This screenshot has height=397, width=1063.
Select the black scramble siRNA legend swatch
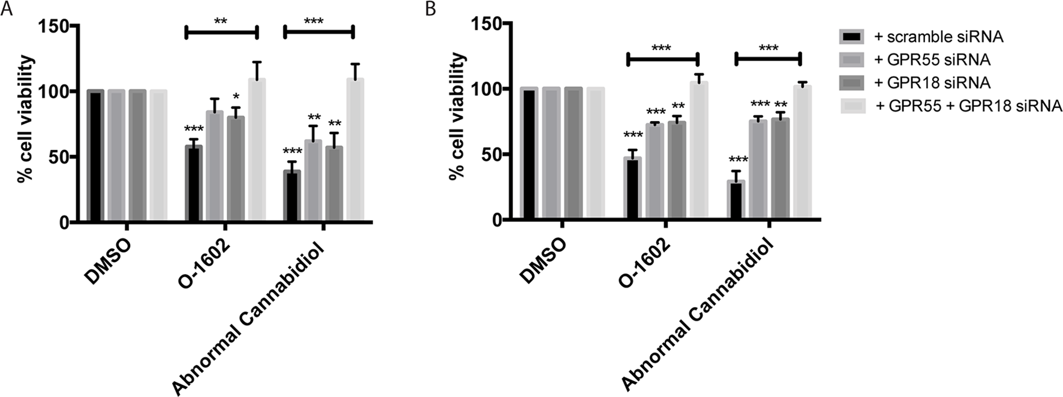[852, 37]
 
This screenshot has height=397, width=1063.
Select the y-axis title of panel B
[458, 115]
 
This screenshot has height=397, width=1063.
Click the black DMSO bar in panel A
[95, 157]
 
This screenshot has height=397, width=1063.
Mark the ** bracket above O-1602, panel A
[221, 32]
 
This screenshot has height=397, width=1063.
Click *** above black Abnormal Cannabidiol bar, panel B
[737, 160]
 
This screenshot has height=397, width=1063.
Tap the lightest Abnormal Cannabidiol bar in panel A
[355, 151]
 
